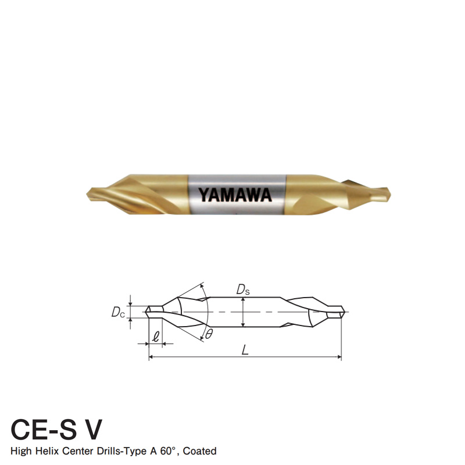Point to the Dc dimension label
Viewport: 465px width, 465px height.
(119, 312)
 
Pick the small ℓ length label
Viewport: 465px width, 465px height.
(155, 336)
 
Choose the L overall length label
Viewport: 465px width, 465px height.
(246, 351)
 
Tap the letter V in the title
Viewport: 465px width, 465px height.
(91, 430)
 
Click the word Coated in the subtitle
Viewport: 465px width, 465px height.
(201, 451)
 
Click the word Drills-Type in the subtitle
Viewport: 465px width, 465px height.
(124, 451)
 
